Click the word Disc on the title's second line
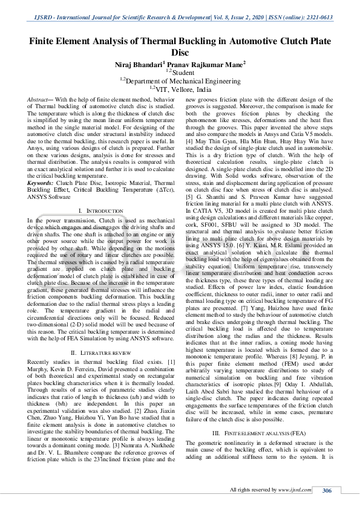180,53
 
